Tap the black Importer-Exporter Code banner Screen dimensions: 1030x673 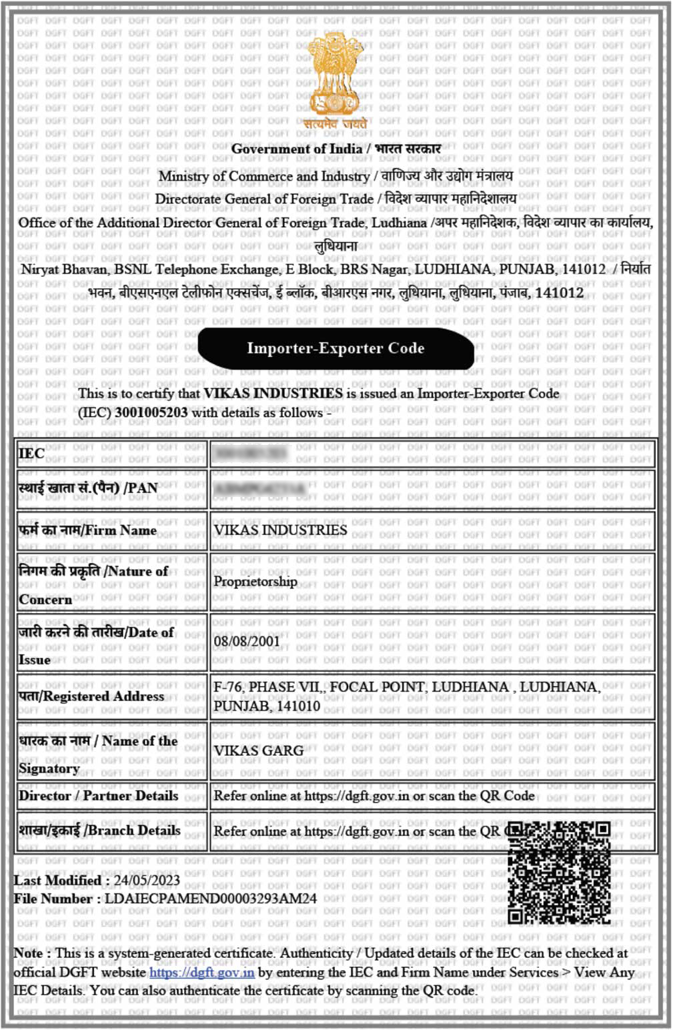(335, 348)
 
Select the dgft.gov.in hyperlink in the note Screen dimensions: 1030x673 (201, 973)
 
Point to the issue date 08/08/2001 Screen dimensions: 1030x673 (247, 641)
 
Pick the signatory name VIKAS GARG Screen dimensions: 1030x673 (259, 750)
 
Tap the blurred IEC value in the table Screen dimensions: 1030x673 (250, 454)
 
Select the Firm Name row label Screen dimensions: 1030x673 (87, 530)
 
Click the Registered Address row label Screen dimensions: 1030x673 (91, 696)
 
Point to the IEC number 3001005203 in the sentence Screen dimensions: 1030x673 (151, 412)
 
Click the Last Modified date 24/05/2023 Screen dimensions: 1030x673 (146, 881)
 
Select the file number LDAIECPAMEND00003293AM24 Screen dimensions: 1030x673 (211, 899)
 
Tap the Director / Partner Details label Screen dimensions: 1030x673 (98, 796)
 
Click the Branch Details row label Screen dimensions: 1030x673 (99, 831)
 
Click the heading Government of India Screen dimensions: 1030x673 (297, 149)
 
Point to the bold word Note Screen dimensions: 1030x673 (28, 953)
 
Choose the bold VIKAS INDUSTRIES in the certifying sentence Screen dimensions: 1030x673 (273, 394)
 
